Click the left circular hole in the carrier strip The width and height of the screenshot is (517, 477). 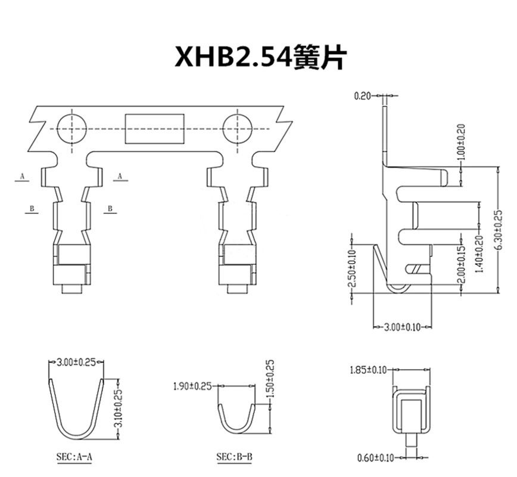72,128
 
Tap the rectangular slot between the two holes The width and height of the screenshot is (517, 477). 155,128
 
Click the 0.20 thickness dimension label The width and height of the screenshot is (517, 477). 362,95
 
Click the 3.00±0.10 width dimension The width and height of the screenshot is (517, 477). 404,327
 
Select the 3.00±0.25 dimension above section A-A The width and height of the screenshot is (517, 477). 76,361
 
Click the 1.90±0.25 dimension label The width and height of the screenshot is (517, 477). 192,386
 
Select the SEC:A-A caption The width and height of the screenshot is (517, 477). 74,457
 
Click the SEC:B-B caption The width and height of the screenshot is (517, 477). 234,457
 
